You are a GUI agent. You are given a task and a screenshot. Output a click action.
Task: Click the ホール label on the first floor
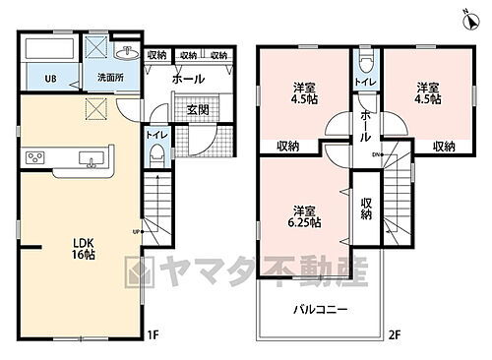(x=188, y=79)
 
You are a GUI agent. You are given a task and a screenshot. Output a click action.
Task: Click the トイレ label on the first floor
(x=156, y=133)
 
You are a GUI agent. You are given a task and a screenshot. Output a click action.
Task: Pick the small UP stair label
(x=136, y=232)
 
